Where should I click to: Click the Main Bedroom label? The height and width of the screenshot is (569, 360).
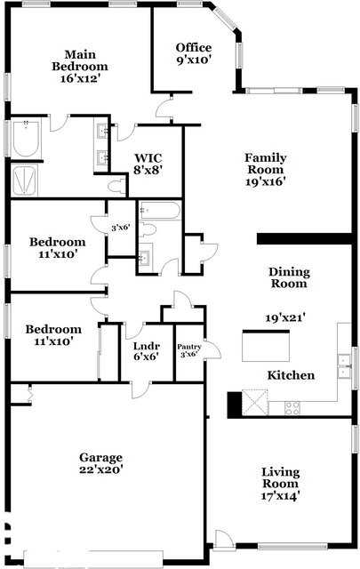click(79, 66)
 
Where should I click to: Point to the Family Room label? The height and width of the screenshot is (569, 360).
click(265, 170)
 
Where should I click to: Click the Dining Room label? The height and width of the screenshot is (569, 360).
click(289, 277)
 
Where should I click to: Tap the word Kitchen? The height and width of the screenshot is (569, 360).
click(291, 375)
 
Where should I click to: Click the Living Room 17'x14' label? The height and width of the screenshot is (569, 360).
click(280, 484)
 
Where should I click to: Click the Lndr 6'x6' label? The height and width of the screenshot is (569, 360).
click(146, 351)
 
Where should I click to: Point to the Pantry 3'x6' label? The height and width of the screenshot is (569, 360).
click(189, 351)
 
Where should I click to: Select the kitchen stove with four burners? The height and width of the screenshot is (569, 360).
click(292, 407)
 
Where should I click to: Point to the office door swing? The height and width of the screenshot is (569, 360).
click(164, 109)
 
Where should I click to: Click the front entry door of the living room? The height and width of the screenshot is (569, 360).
click(223, 539)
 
